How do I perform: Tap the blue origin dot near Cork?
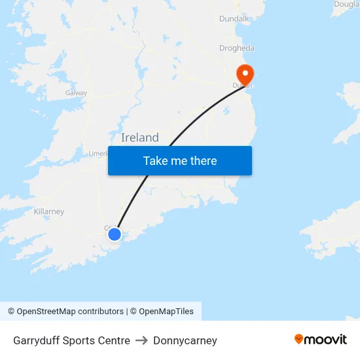(x=115, y=234)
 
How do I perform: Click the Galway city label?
(x=76, y=93)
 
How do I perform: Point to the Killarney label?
(x=49, y=211)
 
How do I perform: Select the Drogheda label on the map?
(x=237, y=48)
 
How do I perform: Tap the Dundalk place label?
(x=235, y=19)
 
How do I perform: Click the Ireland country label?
(x=140, y=137)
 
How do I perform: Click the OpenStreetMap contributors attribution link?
(x=65, y=312)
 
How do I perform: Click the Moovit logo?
(x=321, y=339)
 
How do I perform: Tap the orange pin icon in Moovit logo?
(x=298, y=339)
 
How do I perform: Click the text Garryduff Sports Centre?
(x=71, y=340)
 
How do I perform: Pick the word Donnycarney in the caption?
(x=185, y=340)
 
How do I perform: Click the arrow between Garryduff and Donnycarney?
(x=141, y=340)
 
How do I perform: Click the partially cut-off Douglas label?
(x=346, y=4)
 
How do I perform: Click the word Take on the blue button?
(x=155, y=161)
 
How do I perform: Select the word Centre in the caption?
(x=115, y=340)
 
